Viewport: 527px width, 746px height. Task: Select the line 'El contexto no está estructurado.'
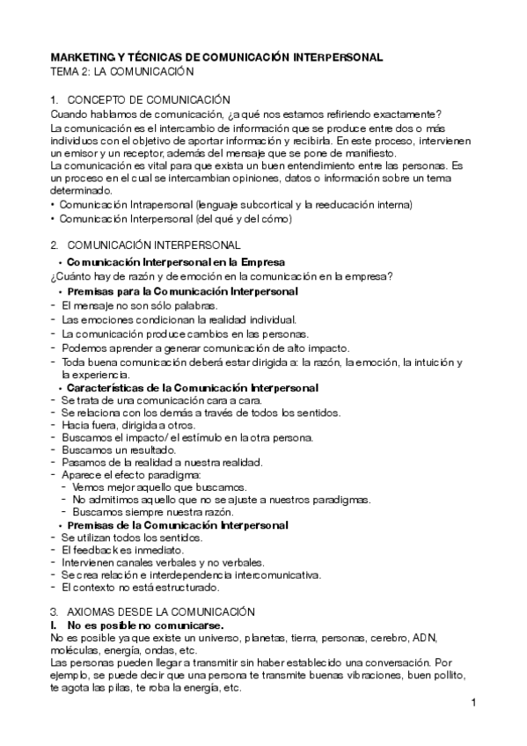(x=140, y=586)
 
